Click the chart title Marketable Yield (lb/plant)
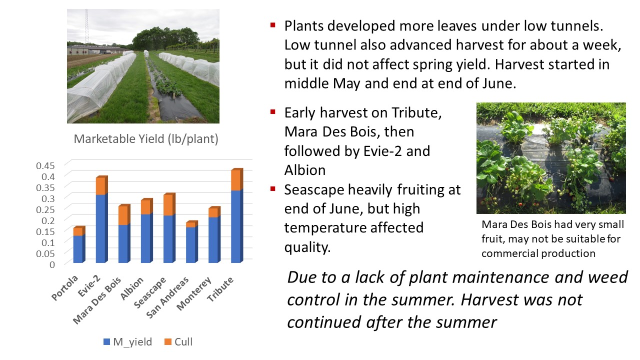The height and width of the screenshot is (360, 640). pos(146,139)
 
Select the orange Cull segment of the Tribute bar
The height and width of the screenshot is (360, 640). pos(237,179)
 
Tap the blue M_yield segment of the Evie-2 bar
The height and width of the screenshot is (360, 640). pos(101,228)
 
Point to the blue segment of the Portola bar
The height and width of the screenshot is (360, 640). pos(79,249)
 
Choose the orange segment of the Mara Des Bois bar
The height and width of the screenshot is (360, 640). pos(124,215)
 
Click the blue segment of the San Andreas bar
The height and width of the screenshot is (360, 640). pos(191,244)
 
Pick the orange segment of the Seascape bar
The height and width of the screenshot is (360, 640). pos(169,204)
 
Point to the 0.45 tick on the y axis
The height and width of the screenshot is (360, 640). pos(45,165)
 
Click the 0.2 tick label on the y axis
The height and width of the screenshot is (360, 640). pos(48,220)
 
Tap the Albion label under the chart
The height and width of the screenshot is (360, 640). pos(131,288)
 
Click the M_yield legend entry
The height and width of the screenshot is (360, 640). pos(127,341)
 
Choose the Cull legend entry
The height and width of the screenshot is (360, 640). pos(178,341)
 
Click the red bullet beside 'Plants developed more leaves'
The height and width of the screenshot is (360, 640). pos(273,25)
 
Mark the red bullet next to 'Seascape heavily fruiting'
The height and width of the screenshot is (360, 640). pos(273,188)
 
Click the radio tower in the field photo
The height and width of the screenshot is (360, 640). pos(86,26)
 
